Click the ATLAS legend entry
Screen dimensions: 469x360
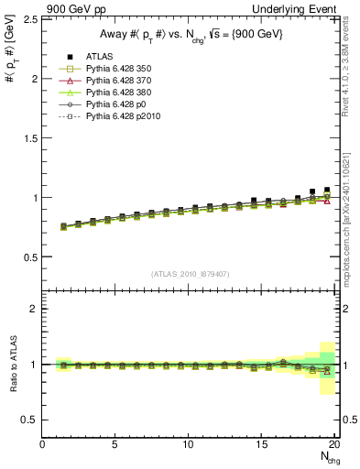(x=99, y=58)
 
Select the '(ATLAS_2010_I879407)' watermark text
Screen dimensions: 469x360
(x=190, y=274)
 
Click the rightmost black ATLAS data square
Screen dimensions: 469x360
(x=327, y=191)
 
